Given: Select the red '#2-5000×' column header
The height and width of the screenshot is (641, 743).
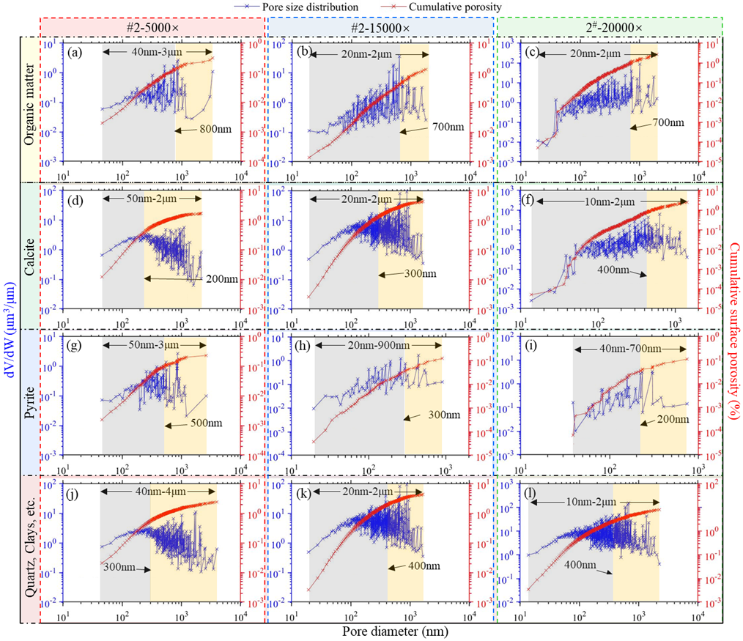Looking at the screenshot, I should tap(152, 26).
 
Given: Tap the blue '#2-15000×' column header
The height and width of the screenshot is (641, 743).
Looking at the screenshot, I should tap(380, 26).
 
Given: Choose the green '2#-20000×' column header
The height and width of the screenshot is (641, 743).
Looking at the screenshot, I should tap(610, 26).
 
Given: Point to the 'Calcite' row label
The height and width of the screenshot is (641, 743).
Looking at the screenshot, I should tap(30, 256).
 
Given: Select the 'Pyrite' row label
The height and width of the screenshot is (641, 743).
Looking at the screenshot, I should tap(30, 401).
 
